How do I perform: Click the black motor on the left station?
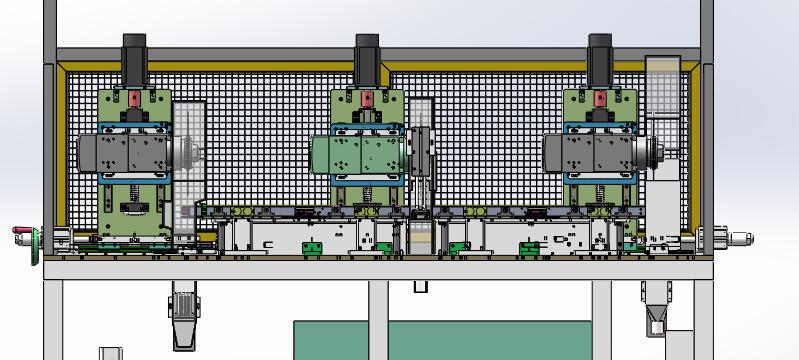pos(136,61)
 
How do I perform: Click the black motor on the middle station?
pos(368,61)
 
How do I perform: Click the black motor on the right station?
pos(600,61)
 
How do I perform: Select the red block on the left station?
pos(133,99)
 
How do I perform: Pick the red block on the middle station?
pos(367,100)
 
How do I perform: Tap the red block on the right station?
pos(600,99)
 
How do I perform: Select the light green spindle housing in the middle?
pos(356,155)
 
